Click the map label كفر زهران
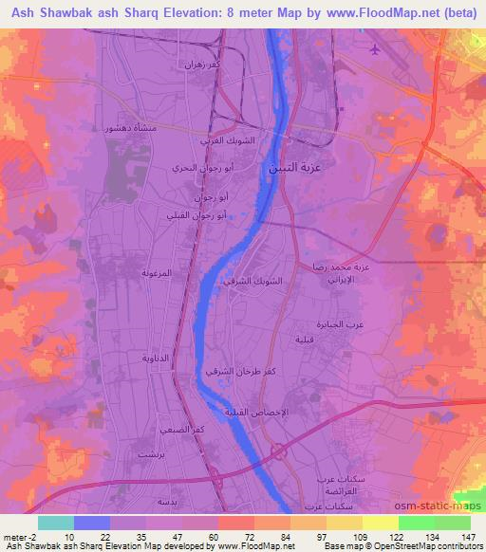[x=207, y=66]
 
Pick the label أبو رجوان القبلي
[x=210, y=215]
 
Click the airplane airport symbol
[x=376, y=49]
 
